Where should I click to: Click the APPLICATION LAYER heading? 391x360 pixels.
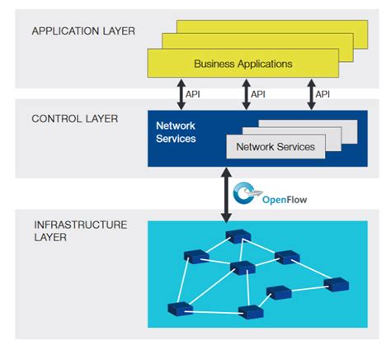tap(82, 31)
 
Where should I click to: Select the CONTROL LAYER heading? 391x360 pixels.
tap(74, 119)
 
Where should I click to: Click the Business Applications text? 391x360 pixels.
tap(243, 64)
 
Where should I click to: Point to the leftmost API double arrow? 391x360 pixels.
tap(179, 93)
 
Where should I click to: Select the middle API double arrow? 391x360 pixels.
tap(245, 93)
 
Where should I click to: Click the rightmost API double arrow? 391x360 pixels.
tap(311, 93)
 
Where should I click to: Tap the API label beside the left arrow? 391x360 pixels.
tap(193, 94)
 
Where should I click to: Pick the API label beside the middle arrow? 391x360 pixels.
tap(258, 94)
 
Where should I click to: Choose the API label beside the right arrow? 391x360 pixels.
tap(324, 94)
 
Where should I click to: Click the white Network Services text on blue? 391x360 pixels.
tap(176, 132)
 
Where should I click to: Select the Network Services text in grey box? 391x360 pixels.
tap(276, 147)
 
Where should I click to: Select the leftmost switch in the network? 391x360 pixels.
tap(177, 309)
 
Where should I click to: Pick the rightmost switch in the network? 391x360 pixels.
tap(337, 284)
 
